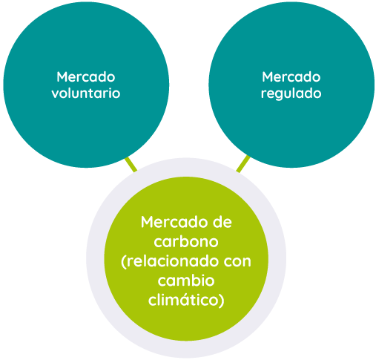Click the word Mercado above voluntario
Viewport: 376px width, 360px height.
point(86,77)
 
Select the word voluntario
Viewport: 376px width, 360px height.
point(86,94)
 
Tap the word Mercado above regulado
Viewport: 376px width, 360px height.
point(291,77)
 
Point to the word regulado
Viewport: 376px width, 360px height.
point(291,94)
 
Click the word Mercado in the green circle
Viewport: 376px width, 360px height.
point(171,222)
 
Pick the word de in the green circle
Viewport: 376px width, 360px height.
point(222,222)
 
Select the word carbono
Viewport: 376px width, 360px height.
point(186,241)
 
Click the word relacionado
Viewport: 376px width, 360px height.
point(174,261)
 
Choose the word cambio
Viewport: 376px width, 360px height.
point(186,281)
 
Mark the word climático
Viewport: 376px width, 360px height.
point(183,300)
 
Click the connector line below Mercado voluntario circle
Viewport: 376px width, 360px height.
point(131,164)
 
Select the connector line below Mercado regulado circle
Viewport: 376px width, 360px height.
point(243,164)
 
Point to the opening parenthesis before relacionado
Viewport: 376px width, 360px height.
point(124,262)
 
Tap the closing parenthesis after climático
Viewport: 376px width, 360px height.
point(222,301)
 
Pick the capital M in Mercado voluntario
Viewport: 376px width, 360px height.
point(62,77)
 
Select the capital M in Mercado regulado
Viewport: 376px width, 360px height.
point(268,77)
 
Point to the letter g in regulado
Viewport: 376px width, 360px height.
point(278,95)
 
